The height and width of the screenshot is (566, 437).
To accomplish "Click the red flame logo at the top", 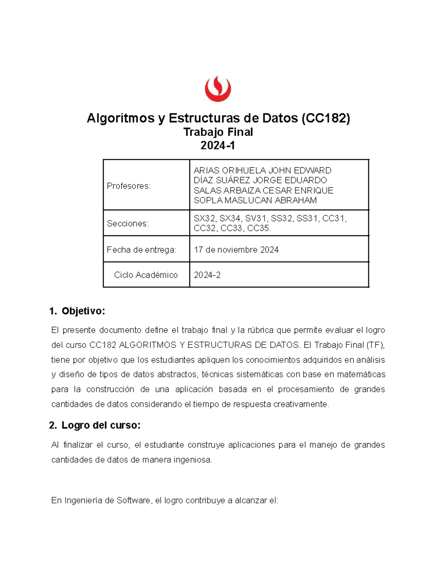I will pos(218,89).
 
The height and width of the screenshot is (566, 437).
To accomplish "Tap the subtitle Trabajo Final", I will pos(218,132).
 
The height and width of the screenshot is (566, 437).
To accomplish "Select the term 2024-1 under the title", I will pos(218,145).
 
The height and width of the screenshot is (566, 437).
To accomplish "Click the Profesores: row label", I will pos(129,186).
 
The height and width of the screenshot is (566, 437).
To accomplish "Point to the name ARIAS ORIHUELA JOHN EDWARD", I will pos(262,170).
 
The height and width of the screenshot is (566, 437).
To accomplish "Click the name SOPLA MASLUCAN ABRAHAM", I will pos(255,200).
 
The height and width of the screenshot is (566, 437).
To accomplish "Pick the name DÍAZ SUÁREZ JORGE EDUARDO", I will pos(260,180).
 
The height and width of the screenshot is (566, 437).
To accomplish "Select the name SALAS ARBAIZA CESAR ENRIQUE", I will pos(263,190).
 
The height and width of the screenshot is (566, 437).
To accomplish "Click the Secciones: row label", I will pos(127,223).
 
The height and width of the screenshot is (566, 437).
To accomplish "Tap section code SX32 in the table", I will pos(204,218).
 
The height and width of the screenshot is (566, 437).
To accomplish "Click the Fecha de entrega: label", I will pos(141,250).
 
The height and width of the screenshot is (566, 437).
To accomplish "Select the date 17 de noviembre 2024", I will pos(236,250).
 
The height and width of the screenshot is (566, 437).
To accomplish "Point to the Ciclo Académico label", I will pos(146,275).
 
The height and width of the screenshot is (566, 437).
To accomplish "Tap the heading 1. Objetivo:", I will pos(77,311).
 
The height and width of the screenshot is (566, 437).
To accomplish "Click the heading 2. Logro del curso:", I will pos(95,425).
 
